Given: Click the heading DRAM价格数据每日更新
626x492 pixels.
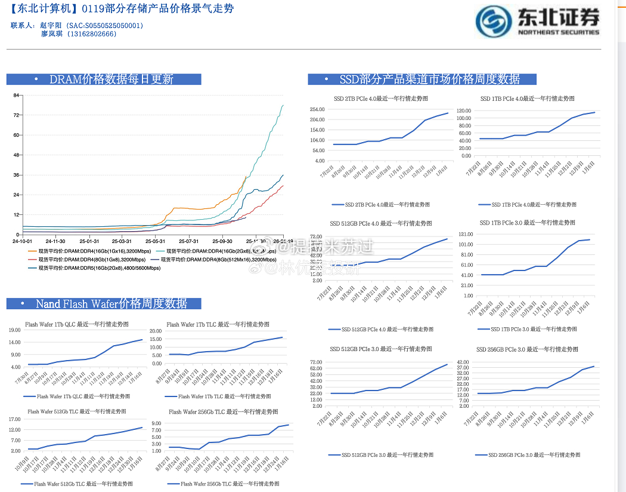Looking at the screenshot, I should tap(111, 79).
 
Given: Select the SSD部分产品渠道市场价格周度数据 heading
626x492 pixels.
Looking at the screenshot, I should tap(429, 79).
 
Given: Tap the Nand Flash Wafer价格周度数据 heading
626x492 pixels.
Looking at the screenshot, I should tap(111, 304).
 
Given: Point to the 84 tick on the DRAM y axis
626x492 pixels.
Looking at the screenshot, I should tap(17, 95).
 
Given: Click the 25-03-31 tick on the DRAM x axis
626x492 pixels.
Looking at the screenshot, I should tap(122, 241).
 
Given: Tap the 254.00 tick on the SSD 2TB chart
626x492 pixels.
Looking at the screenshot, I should tap(317, 109).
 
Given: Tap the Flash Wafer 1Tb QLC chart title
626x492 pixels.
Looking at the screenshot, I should tap(77, 325).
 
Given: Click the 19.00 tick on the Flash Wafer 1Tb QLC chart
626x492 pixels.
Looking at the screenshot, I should tap(15, 330).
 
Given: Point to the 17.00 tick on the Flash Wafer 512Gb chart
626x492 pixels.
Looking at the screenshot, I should tap(15, 419).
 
